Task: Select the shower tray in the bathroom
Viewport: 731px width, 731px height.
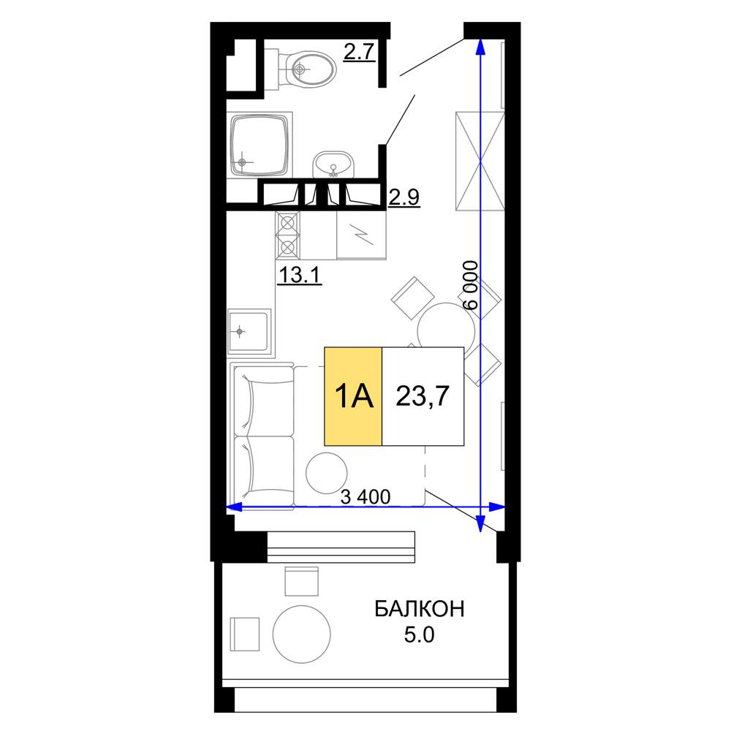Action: coord(261,145)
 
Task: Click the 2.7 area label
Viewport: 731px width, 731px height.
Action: coord(359,51)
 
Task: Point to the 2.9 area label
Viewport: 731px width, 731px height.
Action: coord(404,197)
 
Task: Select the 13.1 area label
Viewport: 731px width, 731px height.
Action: coord(299,275)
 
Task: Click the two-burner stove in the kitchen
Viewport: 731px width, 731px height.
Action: coord(287,235)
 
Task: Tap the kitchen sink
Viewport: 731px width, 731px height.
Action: coord(249,331)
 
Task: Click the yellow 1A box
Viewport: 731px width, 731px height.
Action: coord(353,396)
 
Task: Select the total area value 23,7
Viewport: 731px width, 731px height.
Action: coord(423,396)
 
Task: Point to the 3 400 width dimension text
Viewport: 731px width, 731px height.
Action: coord(365,497)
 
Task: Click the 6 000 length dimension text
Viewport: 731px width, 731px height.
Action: coord(471,285)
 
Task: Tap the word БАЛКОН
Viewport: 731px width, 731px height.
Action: coord(420,609)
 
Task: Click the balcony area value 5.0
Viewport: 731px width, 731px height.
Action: coord(419,635)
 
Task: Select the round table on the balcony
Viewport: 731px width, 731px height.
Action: coord(302,634)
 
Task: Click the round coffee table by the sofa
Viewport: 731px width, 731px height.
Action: coord(326,473)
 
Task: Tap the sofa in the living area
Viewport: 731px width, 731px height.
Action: coord(263,437)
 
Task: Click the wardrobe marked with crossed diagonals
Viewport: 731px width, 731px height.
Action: coord(480,161)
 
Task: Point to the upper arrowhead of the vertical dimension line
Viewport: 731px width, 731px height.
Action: coord(481,45)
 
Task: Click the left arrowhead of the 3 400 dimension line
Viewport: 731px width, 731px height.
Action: coord(234,507)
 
